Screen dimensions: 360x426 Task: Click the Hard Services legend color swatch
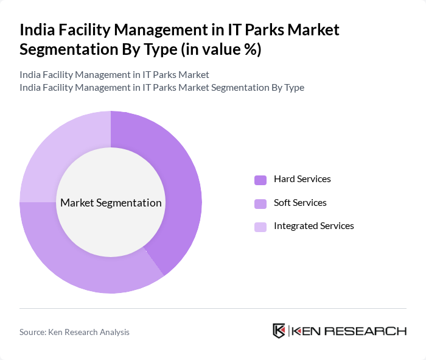click(x=260, y=180)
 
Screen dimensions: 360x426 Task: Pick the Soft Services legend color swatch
click(x=260, y=203)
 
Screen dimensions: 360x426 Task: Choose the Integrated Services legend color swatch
click(x=260, y=227)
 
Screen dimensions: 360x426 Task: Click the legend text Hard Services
click(x=302, y=179)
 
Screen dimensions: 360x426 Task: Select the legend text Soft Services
click(x=300, y=202)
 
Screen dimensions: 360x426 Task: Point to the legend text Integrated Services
click(x=313, y=225)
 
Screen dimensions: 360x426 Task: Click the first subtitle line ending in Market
click(x=114, y=74)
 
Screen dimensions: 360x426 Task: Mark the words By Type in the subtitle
click(x=287, y=88)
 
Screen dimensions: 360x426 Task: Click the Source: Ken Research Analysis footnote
click(x=74, y=332)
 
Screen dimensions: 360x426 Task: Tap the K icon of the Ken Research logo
click(x=279, y=331)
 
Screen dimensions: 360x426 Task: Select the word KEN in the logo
click(x=304, y=331)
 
